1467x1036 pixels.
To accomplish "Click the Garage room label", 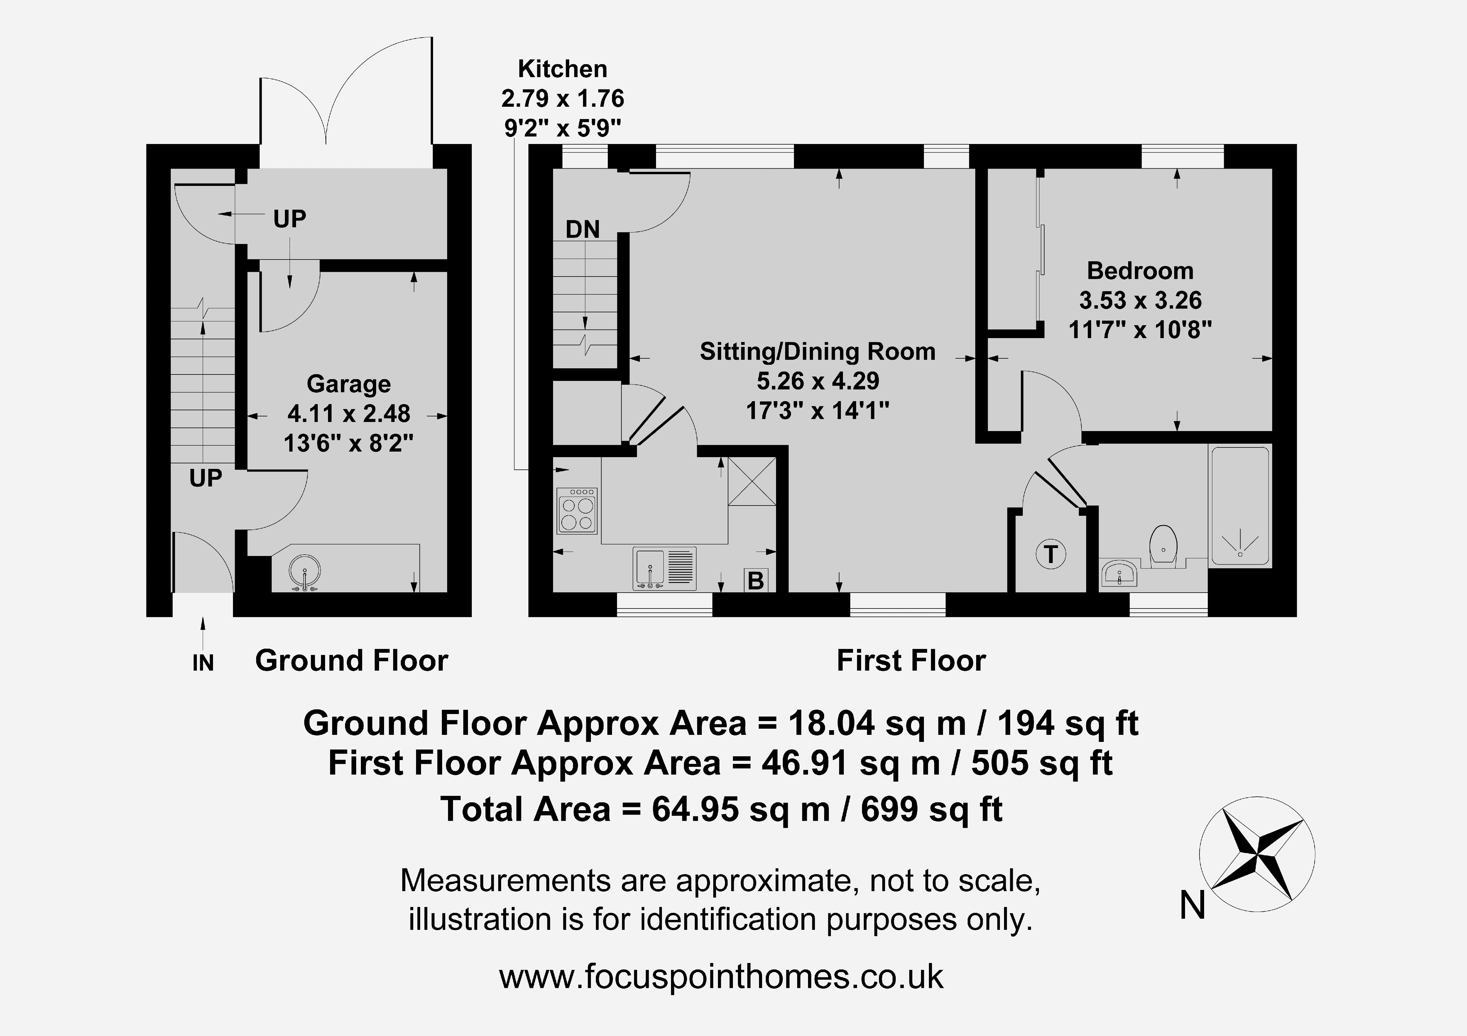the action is click(349, 384).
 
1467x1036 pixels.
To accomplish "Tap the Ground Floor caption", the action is click(351, 660).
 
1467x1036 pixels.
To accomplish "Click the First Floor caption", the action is click(911, 660).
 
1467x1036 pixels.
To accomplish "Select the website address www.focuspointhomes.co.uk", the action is click(721, 976).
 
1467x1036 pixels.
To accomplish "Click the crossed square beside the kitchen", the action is click(752, 481).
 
